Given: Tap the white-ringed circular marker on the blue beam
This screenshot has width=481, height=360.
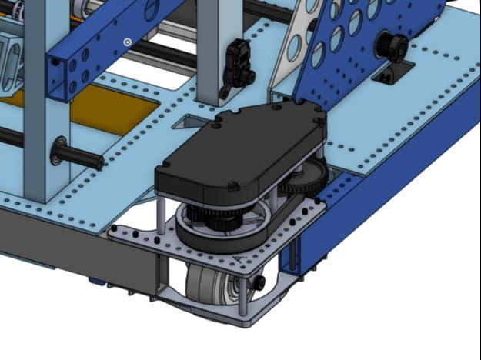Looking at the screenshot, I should (x=127, y=42).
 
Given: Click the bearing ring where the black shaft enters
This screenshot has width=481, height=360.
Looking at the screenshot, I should (x=58, y=149).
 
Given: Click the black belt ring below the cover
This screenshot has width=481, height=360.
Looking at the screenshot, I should (x=223, y=231).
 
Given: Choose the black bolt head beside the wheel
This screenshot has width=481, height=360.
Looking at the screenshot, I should (x=259, y=282).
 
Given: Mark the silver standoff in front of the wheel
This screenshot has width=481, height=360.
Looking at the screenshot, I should (x=243, y=296).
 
